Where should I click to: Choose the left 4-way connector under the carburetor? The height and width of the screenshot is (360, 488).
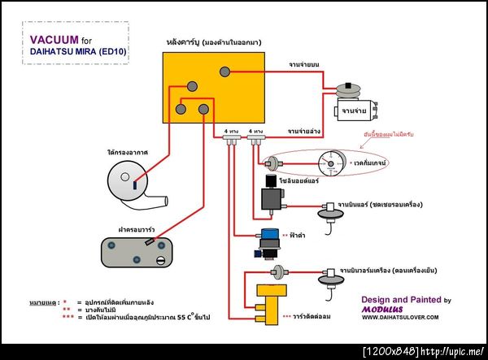click(x=231, y=141)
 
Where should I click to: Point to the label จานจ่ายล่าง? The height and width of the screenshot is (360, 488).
click(x=303, y=129)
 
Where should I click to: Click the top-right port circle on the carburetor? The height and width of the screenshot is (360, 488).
click(x=222, y=71)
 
